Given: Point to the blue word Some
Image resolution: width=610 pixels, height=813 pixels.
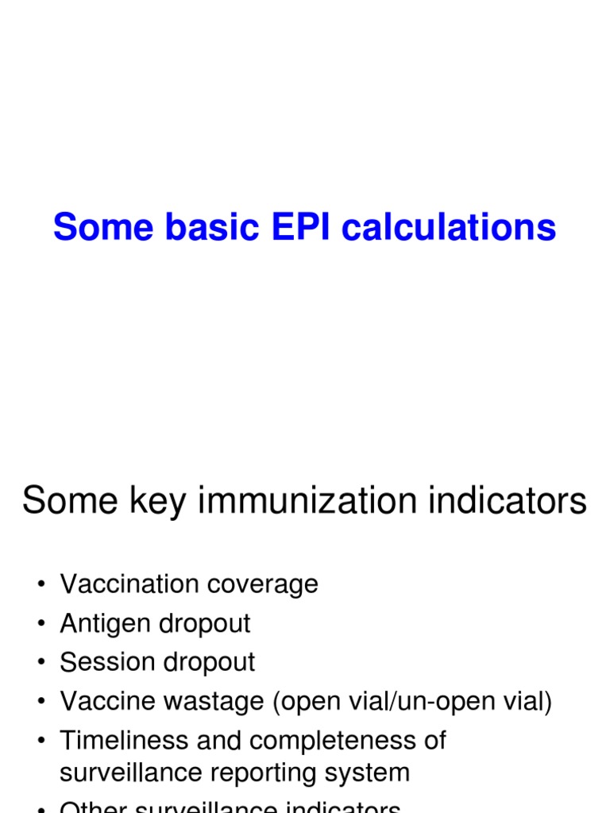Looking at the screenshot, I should [x=103, y=228].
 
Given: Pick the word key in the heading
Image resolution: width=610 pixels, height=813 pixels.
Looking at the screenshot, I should [x=165, y=501].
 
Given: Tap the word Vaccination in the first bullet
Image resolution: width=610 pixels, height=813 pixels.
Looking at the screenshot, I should [x=129, y=584].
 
